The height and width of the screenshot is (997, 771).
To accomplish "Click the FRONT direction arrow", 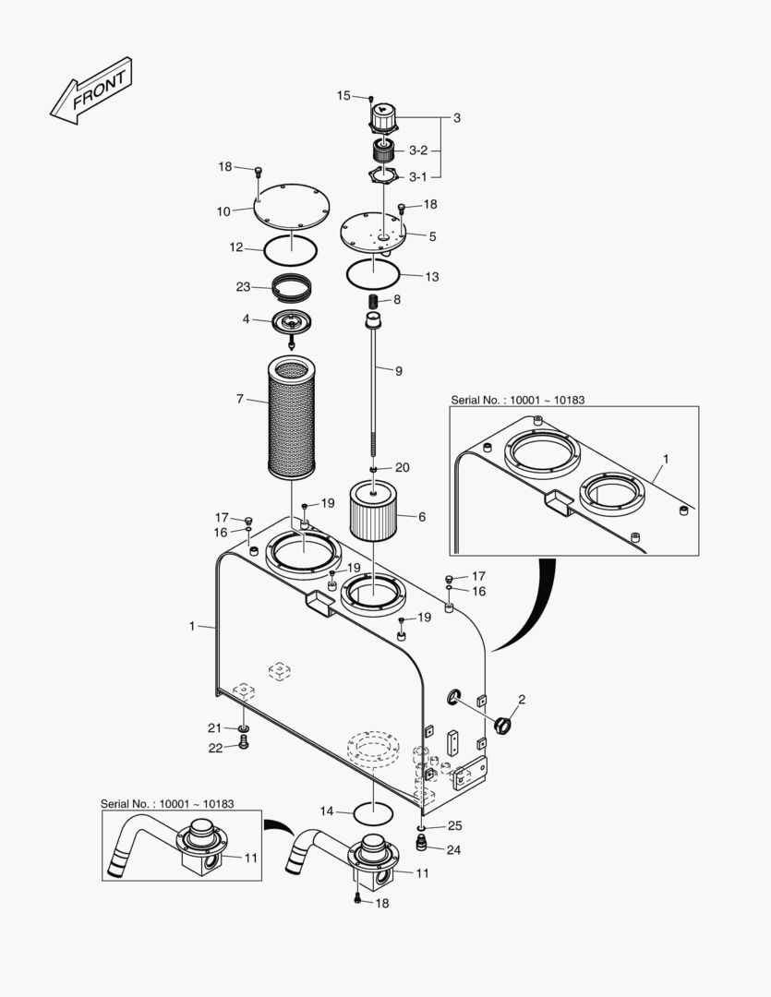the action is (91, 90).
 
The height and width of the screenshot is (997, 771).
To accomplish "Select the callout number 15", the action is (343, 95).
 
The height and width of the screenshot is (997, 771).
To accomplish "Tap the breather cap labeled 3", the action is (383, 117).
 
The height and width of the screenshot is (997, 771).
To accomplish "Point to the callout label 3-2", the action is (418, 150).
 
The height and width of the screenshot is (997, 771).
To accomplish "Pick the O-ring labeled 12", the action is (291, 250).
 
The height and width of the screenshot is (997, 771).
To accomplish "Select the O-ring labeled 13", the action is (373, 272).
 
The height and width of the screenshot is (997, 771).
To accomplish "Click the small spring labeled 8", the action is (376, 299).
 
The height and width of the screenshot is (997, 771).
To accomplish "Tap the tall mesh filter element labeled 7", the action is (292, 417).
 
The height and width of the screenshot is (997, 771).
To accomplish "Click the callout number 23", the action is (243, 287).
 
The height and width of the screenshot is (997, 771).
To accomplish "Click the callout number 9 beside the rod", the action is (398, 371).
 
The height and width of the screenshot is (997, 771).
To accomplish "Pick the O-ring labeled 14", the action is (373, 812).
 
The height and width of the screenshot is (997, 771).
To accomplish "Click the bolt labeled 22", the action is (244, 741).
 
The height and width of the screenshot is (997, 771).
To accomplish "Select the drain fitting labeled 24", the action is (420, 844).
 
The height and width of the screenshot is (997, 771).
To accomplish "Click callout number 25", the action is (455, 826).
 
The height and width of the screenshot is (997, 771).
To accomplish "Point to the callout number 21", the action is (214, 728).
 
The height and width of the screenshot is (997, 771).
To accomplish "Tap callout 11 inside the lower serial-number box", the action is (251, 858).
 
